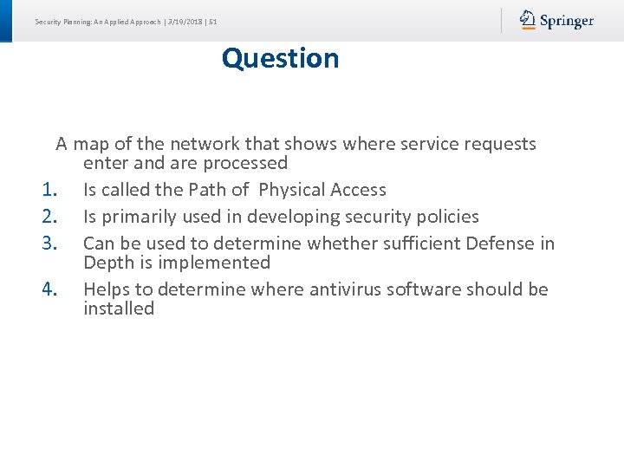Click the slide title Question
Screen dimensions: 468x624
[280, 58]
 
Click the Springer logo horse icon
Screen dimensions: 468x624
[528, 20]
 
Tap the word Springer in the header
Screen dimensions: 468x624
[567, 21]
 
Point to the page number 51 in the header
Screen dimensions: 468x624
[212, 22]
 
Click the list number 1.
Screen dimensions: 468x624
[49, 190]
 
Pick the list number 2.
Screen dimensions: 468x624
[49, 217]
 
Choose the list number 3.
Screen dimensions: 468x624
[49, 244]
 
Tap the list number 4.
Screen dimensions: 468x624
[49, 289]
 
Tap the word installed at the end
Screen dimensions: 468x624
[119, 309]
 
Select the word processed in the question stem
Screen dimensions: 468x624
[248, 163]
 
